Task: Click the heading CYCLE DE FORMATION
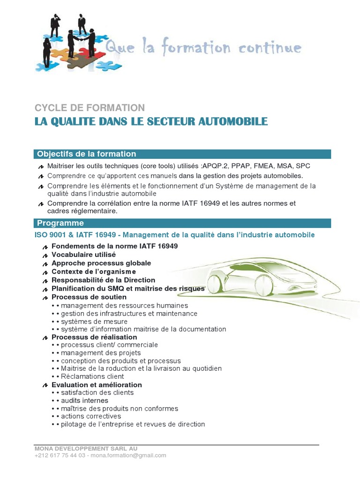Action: click(90, 108)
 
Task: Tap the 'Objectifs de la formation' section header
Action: click(87, 154)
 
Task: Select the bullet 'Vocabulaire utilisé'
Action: click(83, 255)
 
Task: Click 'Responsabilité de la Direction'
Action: click(103, 280)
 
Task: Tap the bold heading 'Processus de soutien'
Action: click(89, 297)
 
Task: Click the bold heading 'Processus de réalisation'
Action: click(94, 337)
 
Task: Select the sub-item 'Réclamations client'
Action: click(92, 376)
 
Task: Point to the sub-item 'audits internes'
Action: click(84, 400)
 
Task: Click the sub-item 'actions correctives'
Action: click(91, 416)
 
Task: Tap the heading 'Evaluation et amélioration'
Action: click(97, 385)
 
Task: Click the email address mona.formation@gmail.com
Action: click(128, 455)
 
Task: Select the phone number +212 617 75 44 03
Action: click(60, 455)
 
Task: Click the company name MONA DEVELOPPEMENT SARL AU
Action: click(86, 449)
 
